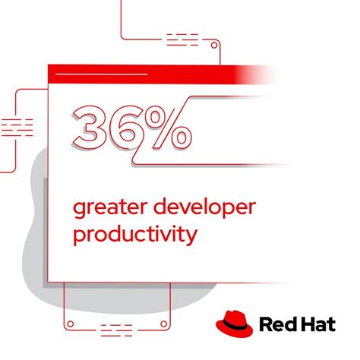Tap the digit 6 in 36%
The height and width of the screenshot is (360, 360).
[x=128, y=125]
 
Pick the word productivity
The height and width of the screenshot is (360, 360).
[x=134, y=234]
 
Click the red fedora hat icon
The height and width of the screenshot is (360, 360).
[x=235, y=322]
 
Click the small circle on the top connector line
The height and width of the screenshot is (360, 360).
[x=215, y=46]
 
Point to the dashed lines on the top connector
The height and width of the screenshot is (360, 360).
[x=183, y=37]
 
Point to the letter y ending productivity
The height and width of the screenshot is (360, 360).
[x=191, y=236]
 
